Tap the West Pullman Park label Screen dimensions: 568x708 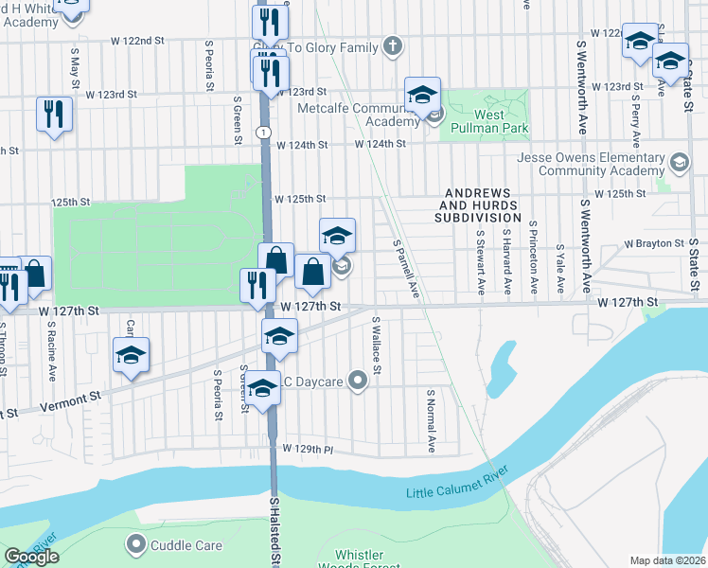pos(488,121)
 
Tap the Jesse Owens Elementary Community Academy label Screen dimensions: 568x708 pos(591,164)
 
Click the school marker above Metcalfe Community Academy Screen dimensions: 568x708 pos(423,94)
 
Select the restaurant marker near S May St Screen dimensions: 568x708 pos(54,115)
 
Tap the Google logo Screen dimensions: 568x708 pos(31,557)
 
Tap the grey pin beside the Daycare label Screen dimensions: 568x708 pos(357,382)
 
